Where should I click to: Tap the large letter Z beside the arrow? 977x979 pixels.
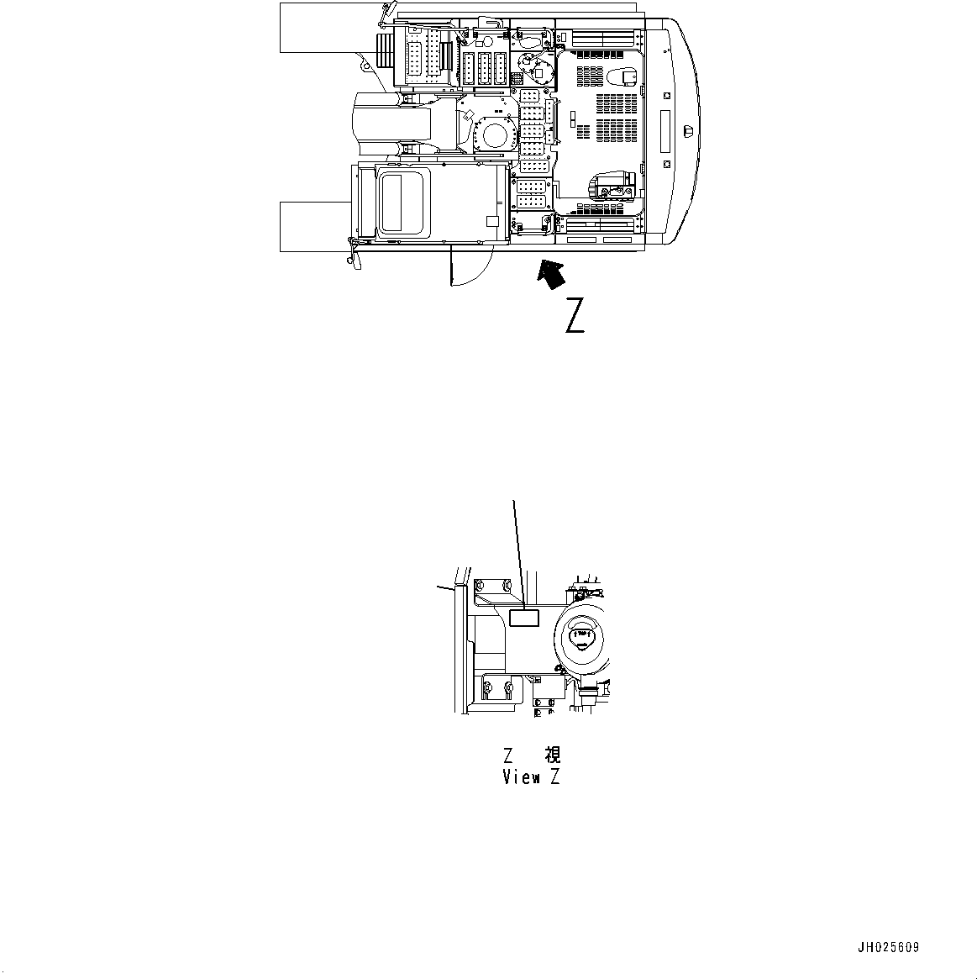tap(575, 315)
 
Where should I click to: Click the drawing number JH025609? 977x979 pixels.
tap(888, 947)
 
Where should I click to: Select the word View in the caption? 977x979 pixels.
tap(522, 777)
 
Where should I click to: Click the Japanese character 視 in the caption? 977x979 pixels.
tap(553, 755)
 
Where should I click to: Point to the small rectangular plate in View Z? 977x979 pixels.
tap(524, 618)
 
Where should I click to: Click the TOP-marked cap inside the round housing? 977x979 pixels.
tap(580, 636)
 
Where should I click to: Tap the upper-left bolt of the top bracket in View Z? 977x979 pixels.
tap(481, 585)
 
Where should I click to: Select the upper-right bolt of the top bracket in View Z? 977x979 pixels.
tap(507, 585)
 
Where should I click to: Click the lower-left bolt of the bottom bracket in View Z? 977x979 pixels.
tap(486, 691)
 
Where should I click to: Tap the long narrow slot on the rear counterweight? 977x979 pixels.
tap(665, 132)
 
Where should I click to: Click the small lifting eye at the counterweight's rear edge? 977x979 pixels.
tap(688, 130)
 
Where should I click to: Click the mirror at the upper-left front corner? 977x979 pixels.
tap(386, 12)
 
